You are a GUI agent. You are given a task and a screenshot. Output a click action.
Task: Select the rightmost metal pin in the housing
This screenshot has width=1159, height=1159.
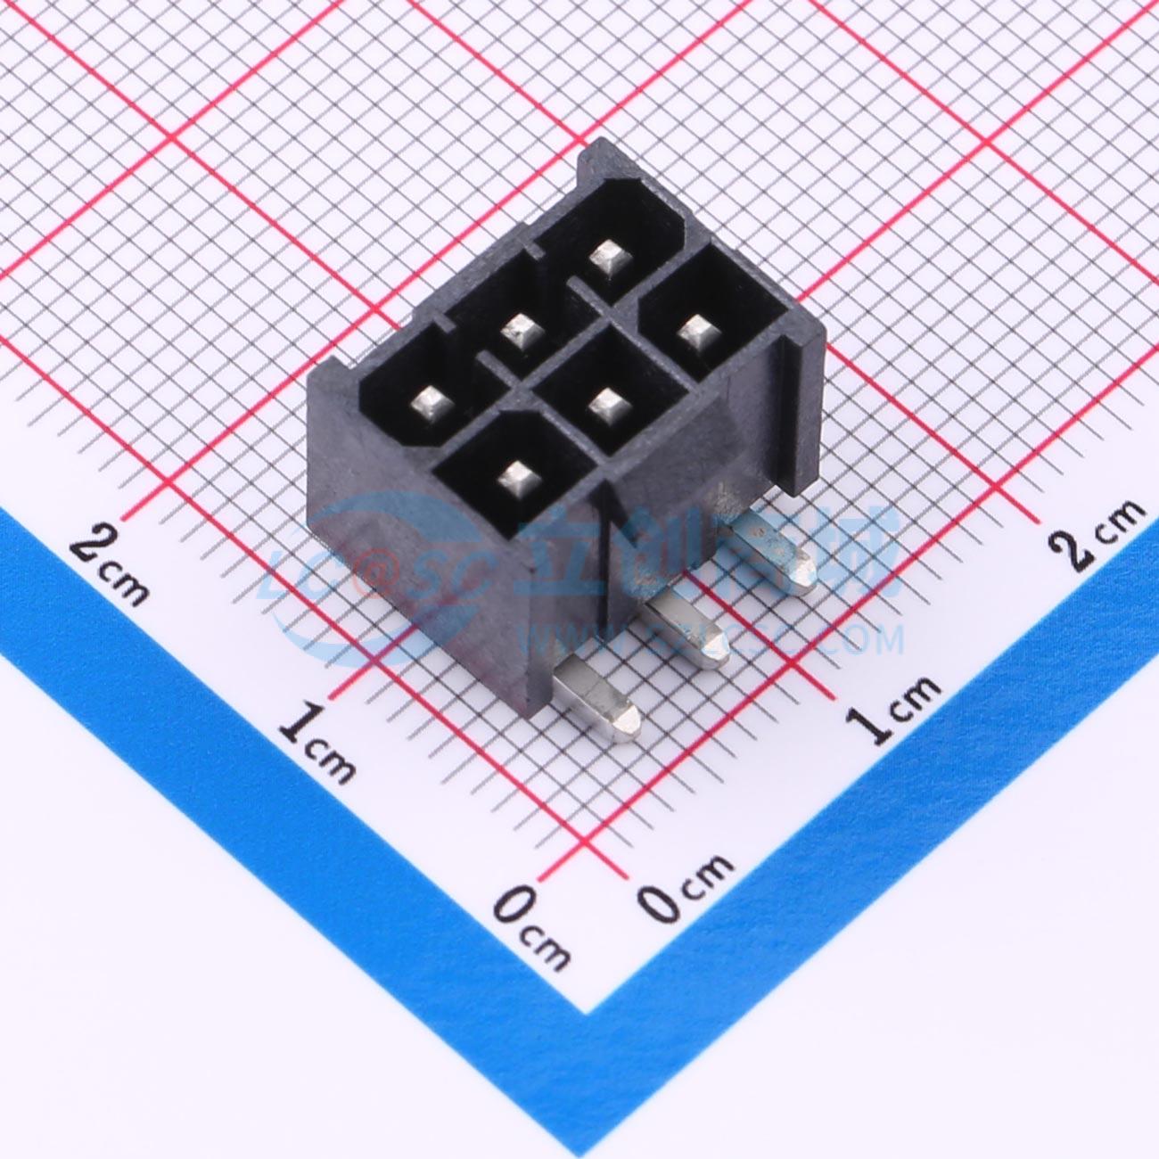click(695, 337)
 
